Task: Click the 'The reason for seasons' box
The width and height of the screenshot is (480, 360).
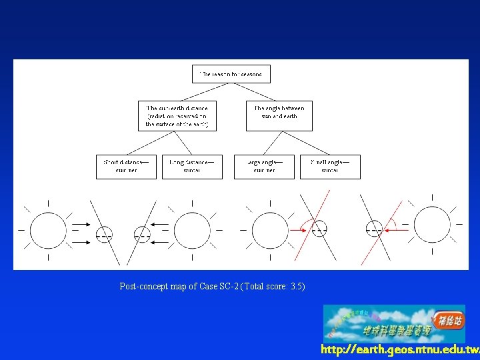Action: point(231,74)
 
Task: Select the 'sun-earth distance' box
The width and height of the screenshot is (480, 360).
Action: point(177,116)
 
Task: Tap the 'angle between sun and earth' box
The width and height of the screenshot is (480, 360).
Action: point(279,112)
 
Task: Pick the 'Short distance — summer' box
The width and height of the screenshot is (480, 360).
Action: point(126,167)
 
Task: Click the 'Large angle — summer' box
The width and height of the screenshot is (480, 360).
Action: point(264,167)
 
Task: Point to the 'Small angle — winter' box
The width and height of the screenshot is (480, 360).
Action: point(330,167)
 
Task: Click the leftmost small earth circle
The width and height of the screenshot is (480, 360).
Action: point(104,234)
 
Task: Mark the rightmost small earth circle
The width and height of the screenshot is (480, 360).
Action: point(375,229)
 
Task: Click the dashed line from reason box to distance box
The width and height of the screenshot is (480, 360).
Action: point(203,92)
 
